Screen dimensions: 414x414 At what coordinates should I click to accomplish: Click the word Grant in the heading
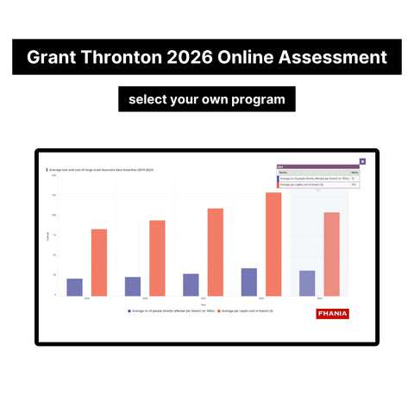coord(53,59)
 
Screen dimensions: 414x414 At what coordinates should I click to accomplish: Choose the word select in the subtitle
coord(148,99)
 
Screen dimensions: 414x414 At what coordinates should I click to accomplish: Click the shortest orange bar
coord(99,261)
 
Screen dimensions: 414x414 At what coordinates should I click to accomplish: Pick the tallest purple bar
coord(248,281)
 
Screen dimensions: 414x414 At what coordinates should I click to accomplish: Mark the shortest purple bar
coord(75,286)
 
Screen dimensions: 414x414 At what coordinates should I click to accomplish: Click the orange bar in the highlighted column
coord(331,254)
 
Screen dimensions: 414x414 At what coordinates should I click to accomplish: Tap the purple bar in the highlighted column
coord(307,283)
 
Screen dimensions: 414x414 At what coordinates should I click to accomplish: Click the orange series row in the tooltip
coord(315,185)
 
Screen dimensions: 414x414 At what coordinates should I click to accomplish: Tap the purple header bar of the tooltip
coord(315,166)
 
